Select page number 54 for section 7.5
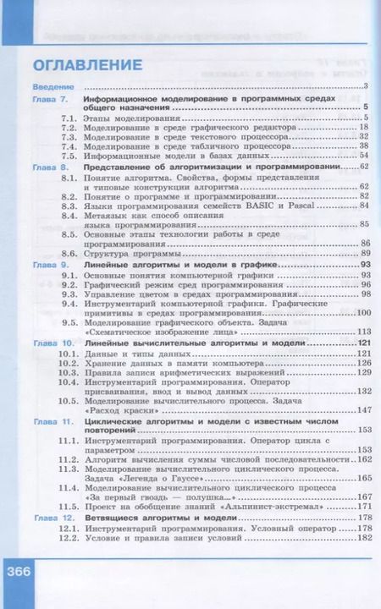pyautogui.click(x=364, y=155)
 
